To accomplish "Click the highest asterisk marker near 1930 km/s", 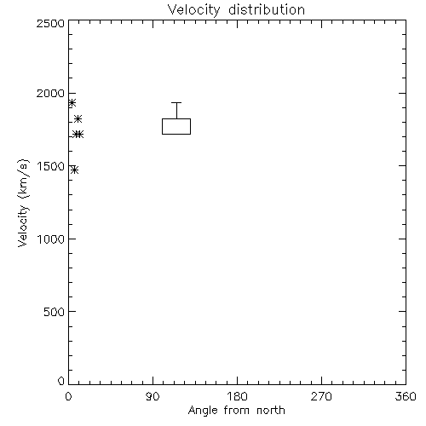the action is point(72,103).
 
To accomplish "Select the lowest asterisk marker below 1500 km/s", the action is point(74,170).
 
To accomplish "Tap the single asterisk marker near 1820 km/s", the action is point(78,119).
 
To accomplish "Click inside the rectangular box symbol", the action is point(176,126).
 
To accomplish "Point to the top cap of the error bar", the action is point(176,103).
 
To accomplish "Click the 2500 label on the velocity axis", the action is point(50,23).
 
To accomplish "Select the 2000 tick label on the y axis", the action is point(50,93).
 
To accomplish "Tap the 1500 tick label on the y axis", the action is point(51,166).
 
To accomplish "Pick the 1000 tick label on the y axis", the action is point(51,239).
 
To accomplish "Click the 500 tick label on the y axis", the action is point(55,312).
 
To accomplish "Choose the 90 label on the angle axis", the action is point(153,396).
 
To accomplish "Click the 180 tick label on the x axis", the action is point(237,396).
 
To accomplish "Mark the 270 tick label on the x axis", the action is point(321,396).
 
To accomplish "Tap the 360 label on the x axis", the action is point(406,396).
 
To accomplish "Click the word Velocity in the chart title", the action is point(194,10).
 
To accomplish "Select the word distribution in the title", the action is point(267,9).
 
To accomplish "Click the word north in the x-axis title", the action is point(271,411).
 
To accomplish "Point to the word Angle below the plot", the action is point(203,411).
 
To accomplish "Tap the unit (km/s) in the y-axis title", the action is point(24,179).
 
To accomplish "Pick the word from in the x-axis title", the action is point(238,411).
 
